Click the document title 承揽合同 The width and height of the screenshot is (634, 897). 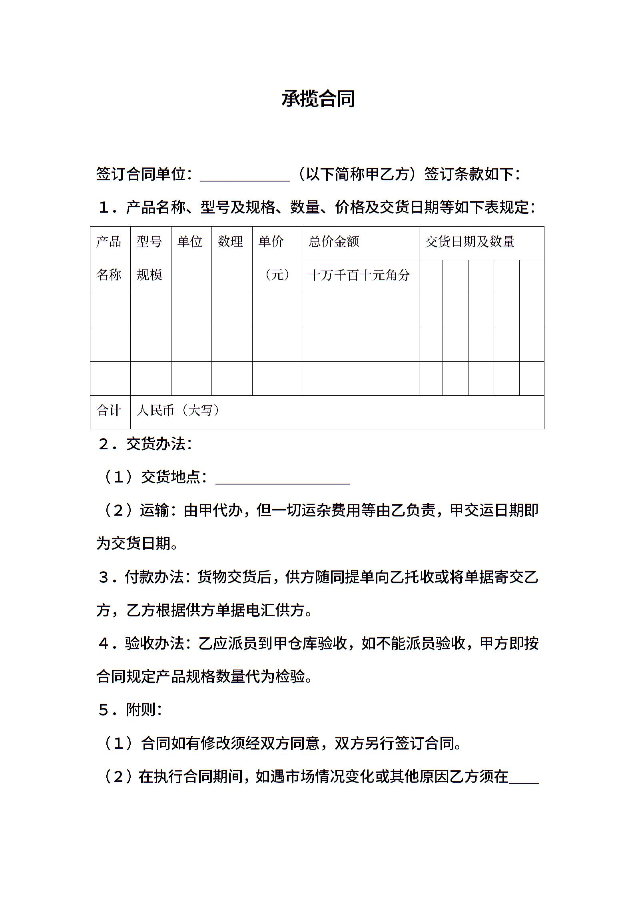pos(318,99)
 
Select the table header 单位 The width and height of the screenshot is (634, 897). pos(189,241)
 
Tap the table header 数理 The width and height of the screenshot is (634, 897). pos(230,241)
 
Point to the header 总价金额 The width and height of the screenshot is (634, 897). pos(334,241)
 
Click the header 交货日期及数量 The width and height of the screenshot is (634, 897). pos(469,241)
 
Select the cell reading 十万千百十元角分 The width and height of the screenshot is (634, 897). pos(359,275)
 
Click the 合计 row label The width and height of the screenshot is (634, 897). pos(109,411)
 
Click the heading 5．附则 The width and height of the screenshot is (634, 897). pos(130,710)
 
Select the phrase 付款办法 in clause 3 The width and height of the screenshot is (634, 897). pos(154,577)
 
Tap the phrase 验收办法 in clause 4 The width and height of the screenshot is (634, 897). pos(154,643)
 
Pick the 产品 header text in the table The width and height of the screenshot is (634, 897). pos(109,241)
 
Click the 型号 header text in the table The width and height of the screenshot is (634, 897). pos(149,241)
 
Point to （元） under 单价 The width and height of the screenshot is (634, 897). pos(277,275)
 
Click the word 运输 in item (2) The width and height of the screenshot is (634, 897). pos(154,510)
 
